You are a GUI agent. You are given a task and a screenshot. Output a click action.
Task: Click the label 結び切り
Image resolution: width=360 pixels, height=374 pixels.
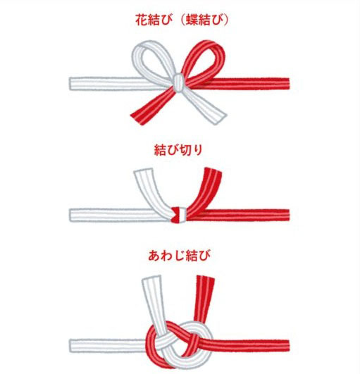pyautogui.click(x=179, y=149)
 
